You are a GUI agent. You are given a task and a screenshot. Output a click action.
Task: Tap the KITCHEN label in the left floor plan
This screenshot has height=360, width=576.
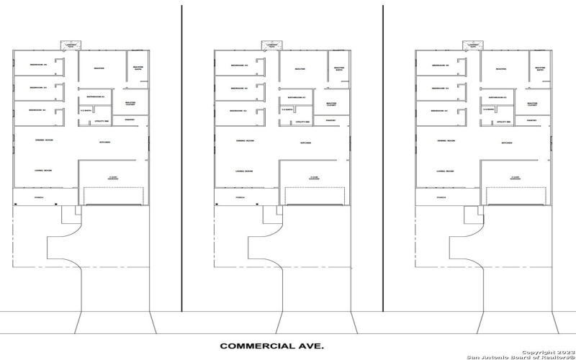(104, 143)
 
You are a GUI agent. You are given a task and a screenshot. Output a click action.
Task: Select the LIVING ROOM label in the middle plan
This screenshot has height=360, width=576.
(244, 171)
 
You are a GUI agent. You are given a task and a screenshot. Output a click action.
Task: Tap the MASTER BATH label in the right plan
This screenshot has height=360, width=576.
(540, 69)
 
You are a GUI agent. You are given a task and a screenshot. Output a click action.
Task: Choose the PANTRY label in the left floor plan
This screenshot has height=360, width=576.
(130, 120)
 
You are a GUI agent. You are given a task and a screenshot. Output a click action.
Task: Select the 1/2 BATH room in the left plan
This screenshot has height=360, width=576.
(85, 110)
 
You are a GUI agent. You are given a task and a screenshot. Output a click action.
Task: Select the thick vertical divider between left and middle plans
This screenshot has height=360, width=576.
(181, 158)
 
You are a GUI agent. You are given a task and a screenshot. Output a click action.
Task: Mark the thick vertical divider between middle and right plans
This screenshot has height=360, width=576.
(383, 158)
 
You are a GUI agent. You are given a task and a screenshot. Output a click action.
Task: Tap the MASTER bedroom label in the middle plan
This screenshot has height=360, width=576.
(301, 69)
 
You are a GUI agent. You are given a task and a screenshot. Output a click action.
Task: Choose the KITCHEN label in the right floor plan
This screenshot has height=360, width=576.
(507, 143)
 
